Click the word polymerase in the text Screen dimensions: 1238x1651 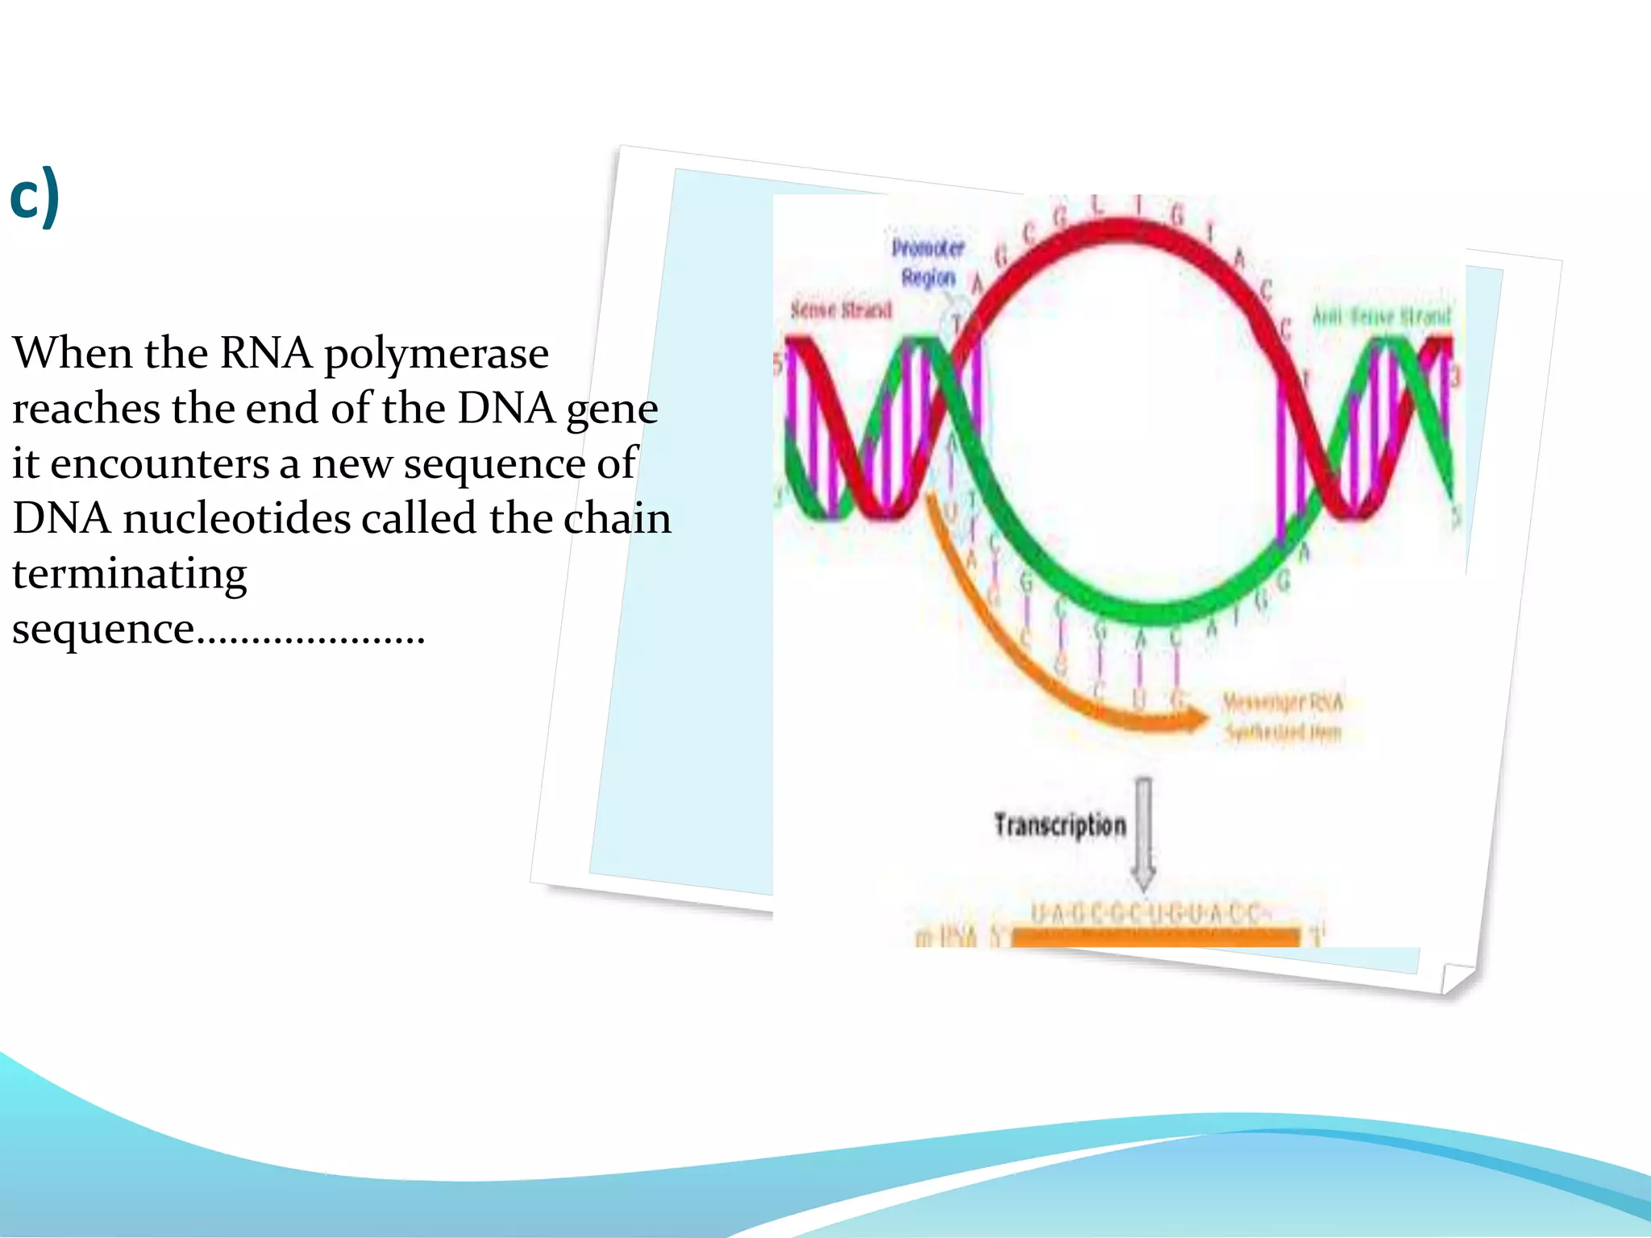pos(436,355)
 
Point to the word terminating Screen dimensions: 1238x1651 pos(129,575)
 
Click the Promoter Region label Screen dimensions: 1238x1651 pos(928,263)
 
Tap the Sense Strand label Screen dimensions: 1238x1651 pos(841,310)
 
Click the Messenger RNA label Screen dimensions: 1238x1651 pos(1283,717)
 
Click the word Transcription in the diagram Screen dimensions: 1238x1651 pos(1059,825)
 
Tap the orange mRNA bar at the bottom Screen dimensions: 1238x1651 pos(1155,937)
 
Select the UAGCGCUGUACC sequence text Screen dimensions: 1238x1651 pos(1146,914)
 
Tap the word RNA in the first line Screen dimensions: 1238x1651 pos(265,355)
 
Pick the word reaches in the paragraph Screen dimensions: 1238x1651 pos(85,409)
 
